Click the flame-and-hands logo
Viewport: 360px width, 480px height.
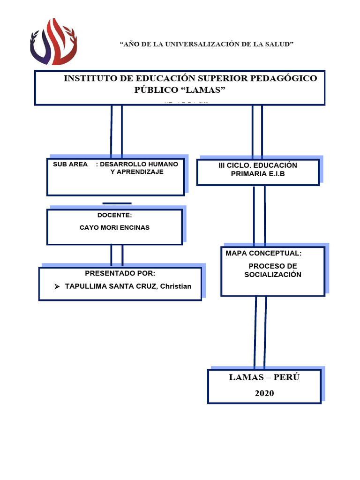(53, 42)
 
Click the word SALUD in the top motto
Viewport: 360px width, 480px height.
(279, 44)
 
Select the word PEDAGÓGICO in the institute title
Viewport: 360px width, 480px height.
(288, 78)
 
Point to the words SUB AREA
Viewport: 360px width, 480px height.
(67, 165)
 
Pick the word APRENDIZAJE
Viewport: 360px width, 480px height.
(137, 172)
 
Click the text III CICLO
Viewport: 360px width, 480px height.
(232, 165)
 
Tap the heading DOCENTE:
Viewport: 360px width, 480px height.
(114, 215)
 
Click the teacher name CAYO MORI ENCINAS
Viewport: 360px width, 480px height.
(114, 228)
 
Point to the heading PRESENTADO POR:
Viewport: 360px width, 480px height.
(120, 273)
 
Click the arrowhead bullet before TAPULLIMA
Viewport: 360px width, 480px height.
(57, 286)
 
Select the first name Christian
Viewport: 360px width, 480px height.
(176, 286)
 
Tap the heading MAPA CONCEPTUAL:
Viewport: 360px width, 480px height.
(263, 253)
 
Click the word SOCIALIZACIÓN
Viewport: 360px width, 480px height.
(273, 275)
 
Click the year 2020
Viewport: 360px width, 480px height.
(264, 393)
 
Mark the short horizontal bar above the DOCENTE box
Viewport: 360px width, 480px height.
(117, 203)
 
